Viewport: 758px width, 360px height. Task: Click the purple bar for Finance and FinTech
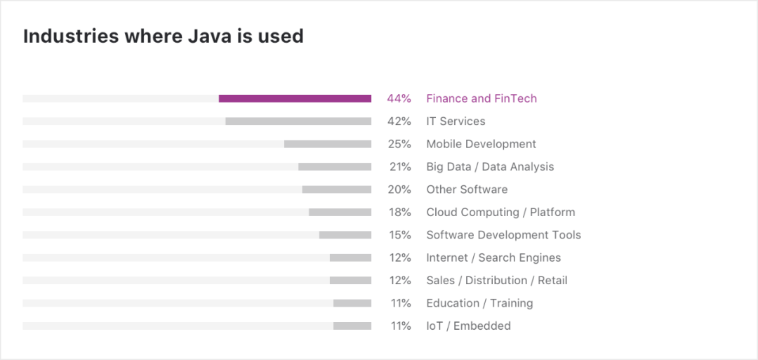295,99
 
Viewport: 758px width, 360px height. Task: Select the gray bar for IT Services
298,121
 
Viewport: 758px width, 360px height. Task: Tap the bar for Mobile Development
328,144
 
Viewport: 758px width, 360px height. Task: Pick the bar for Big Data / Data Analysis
335,167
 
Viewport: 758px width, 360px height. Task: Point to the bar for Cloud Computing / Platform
340,212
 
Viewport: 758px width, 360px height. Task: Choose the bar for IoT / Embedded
352,326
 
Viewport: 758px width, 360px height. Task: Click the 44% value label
399,99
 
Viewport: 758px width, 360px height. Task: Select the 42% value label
399,121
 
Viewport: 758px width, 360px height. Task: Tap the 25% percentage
399,144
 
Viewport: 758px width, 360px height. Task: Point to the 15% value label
399,235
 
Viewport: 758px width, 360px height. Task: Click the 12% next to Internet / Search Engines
399,258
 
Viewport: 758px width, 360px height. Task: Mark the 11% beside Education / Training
400,303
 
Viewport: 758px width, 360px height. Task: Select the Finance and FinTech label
481,99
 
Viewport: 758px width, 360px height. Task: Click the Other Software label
467,189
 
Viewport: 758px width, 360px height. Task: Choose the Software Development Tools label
503,235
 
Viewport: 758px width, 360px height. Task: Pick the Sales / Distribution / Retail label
496,280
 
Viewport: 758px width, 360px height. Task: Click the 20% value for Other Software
399,189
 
